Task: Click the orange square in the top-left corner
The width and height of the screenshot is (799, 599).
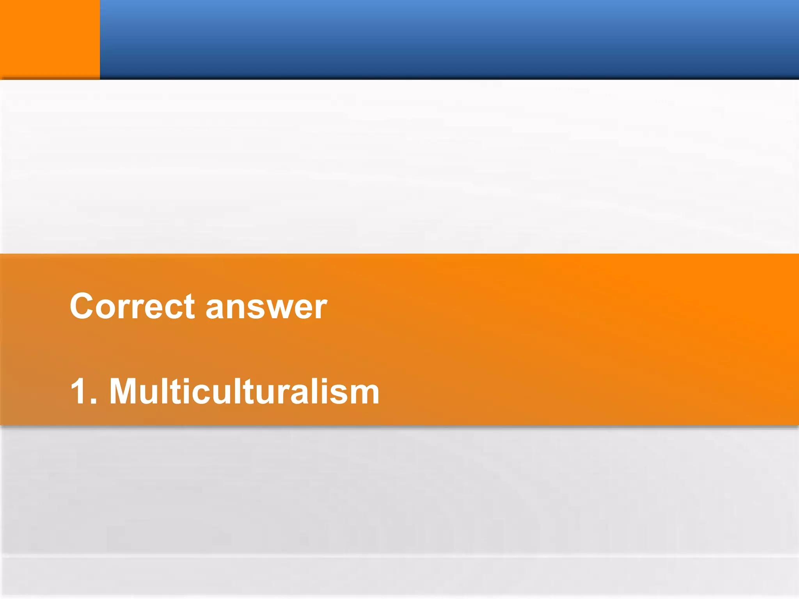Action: pyautogui.click(x=50, y=39)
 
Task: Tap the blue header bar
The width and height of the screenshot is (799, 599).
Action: pyautogui.click(x=449, y=39)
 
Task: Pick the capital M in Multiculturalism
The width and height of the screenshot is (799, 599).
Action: pyautogui.click(x=125, y=391)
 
